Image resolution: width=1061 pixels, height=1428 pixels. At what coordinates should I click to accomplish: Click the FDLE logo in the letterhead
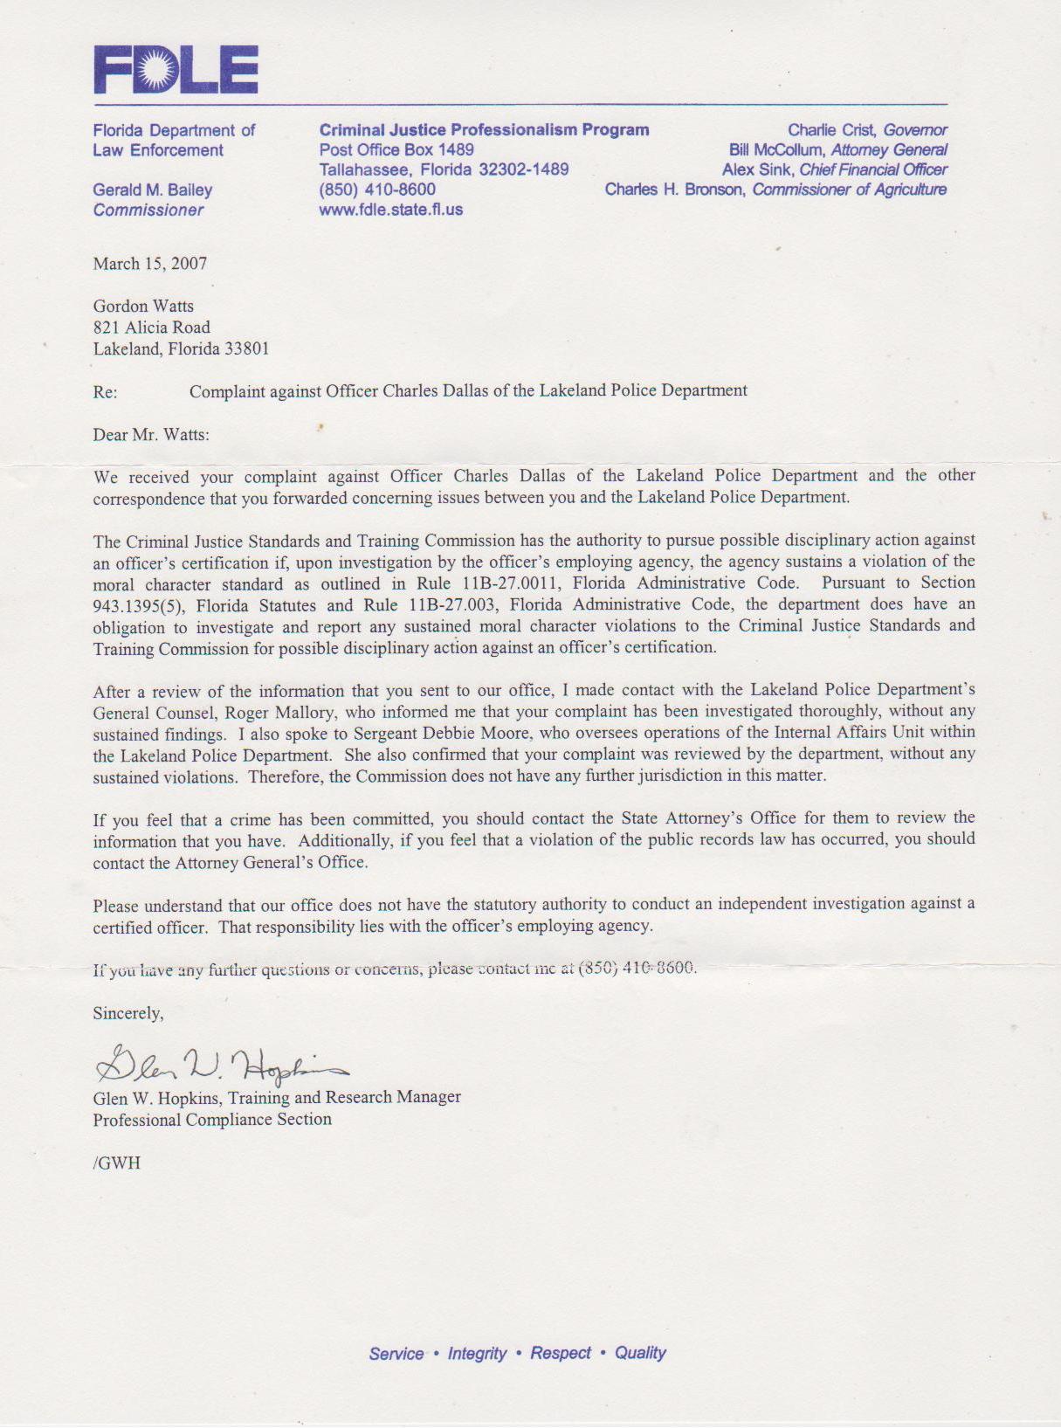click(x=176, y=70)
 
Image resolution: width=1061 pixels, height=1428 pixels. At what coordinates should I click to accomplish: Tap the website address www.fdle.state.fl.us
click(x=390, y=210)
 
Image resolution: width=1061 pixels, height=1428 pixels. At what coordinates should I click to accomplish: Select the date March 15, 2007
click(x=150, y=264)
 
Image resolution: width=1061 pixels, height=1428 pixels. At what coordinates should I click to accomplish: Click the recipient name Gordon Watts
click(x=143, y=307)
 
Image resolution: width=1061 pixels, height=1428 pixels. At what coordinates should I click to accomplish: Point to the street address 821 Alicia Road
click(x=152, y=328)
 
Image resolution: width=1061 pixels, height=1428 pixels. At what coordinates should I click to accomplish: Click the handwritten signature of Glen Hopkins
click(x=218, y=1064)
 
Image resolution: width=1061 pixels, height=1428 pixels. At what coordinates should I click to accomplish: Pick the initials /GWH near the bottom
click(x=116, y=1163)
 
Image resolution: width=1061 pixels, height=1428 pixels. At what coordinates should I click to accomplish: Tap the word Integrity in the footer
click(x=477, y=1354)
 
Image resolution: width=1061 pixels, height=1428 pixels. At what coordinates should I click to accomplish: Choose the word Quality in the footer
click(x=640, y=1353)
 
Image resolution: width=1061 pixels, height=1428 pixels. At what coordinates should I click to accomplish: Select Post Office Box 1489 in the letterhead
click(x=396, y=149)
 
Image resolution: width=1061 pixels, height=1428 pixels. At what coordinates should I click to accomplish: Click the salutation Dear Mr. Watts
click(x=151, y=435)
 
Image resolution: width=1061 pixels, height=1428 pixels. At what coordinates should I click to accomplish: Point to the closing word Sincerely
click(x=128, y=1013)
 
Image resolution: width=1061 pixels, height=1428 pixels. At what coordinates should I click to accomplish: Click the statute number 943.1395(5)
click(x=138, y=605)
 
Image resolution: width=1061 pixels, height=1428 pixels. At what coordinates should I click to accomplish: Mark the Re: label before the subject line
click(x=105, y=392)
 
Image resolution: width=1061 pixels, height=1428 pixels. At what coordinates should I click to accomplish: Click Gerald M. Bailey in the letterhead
click(x=153, y=190)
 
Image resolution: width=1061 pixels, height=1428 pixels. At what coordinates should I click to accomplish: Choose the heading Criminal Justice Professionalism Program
click(x=484, y=130)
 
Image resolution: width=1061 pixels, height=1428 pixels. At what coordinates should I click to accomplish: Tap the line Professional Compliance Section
click(x=212, y=1120)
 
